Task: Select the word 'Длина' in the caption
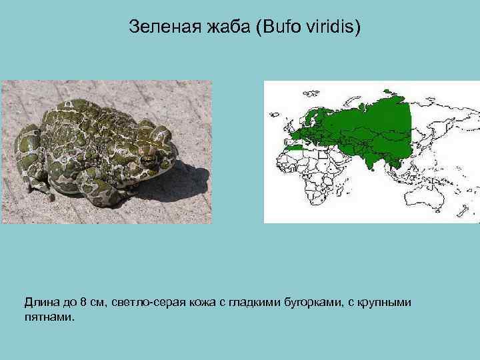point(41,303)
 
